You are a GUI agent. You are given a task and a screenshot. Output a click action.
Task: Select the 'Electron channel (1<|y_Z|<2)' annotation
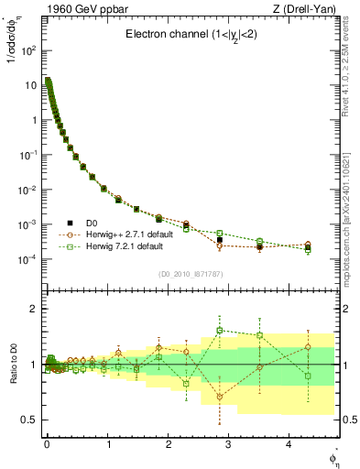tap(191, 35)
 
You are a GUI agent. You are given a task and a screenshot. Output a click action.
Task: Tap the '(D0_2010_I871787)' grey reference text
tap(191, 273)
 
